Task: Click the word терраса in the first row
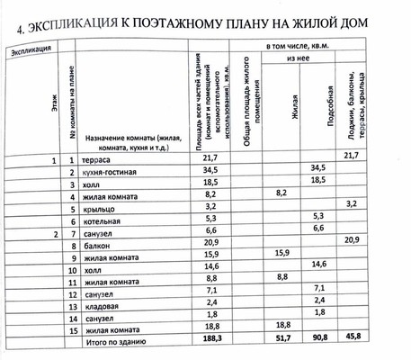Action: click(x=98, y=160)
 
